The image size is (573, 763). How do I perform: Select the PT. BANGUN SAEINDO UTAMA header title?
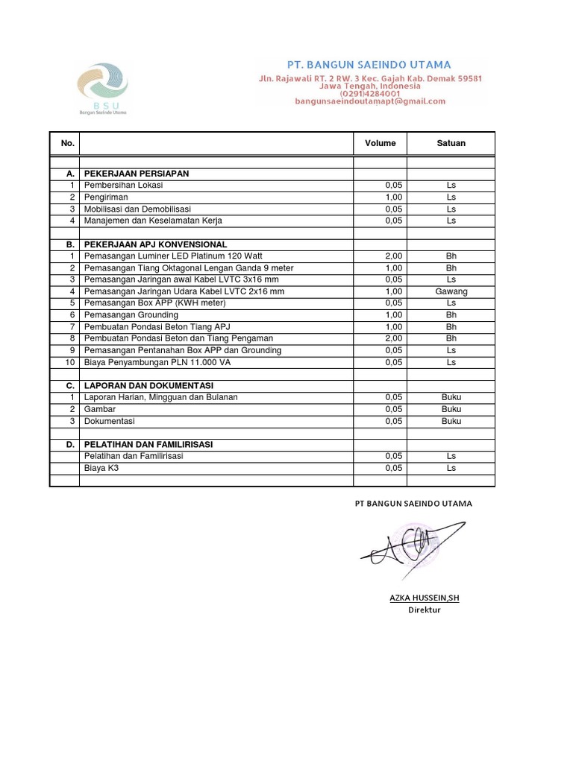369,66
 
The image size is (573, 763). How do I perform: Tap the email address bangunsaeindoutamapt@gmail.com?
370,101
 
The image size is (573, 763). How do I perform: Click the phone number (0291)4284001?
370,94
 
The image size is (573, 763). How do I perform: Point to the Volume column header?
380,143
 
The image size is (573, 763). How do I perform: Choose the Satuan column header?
451,143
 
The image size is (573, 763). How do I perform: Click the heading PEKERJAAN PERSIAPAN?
137,174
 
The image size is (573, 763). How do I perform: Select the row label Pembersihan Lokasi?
123,186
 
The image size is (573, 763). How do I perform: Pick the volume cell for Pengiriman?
393,197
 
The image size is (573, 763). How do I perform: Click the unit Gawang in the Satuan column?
451,291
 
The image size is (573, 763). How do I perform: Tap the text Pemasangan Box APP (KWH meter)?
154,303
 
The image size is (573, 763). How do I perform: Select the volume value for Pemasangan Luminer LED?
393,256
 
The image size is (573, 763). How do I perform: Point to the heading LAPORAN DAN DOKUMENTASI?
148,386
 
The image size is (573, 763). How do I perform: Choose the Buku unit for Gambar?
451,409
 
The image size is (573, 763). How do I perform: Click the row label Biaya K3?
101,468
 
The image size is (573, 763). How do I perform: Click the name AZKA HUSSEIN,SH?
425,598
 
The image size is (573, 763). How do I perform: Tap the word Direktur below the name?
425,610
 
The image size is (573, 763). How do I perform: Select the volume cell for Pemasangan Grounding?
393,315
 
